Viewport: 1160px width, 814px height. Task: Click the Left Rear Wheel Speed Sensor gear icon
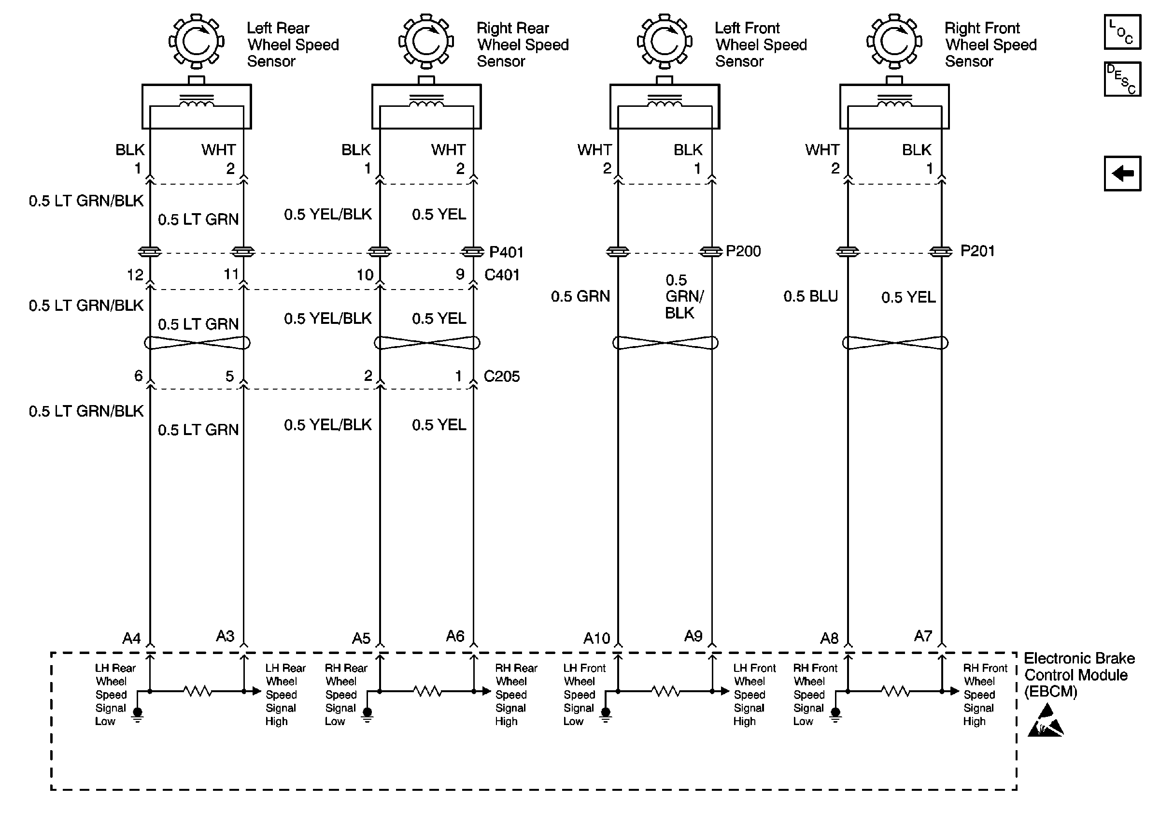(x=196, y=42)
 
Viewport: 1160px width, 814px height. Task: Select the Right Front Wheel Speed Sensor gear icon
(x=894, y=42)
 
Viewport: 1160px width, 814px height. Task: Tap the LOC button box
(x=1122, y=32)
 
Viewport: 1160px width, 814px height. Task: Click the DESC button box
(x=1122, y=79)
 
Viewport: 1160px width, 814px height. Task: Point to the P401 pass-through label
(x=506, y=252)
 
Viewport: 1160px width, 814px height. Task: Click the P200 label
(x=743, y=251)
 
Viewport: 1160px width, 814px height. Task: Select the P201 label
(x=977, y=251)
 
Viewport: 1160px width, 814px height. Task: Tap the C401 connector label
(x=502, y=275)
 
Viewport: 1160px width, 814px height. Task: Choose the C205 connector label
(x=502, y=376)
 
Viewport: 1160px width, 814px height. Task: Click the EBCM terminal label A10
(x=597, y=639)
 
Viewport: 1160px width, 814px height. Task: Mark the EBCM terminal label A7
(x=922, y=636)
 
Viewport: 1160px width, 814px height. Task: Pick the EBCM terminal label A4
(x=131, y=639)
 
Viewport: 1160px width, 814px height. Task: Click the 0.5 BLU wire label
(x=810, y=296)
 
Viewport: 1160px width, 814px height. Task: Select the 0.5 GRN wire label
(x=580, y=296)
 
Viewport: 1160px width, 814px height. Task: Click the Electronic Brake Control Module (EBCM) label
(x=1079, y=674)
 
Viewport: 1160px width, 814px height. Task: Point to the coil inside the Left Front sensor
(x=665, y=103)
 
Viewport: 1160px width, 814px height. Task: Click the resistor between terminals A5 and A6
(x=427, y=691)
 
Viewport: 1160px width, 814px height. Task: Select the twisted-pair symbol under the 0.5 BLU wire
(x=895, y=343)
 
